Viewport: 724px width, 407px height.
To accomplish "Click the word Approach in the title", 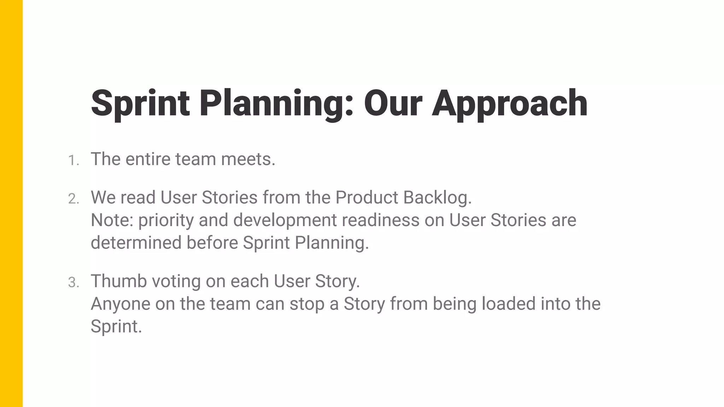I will [509, 104].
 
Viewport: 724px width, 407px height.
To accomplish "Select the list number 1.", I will [73, 161].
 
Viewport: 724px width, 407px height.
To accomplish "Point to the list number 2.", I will [73, 199].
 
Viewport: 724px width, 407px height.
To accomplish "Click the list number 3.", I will [73, 283].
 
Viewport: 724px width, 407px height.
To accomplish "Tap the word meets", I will [248, 159].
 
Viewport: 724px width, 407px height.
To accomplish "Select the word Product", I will [367, 197].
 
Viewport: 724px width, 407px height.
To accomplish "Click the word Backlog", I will [437, 198].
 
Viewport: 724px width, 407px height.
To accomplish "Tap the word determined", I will [136, 243].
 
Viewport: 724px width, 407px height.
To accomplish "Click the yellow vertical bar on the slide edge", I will [11, 203].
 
